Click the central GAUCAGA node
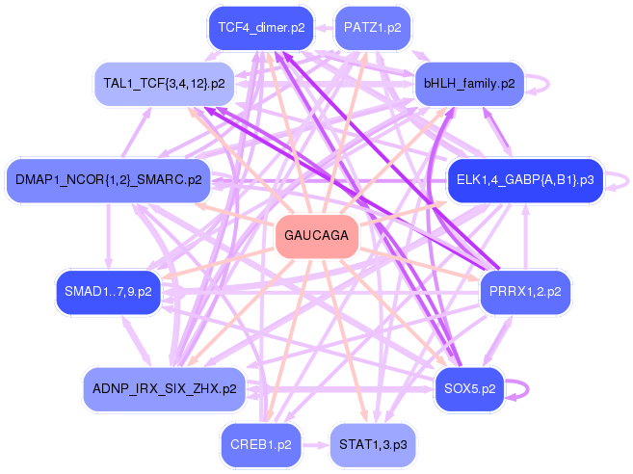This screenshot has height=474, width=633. tap(317, 236)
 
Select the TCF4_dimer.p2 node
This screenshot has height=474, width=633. tap(261, 28)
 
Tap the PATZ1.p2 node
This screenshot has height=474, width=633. tap(373, 28)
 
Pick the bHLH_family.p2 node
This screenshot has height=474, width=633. tap(469, 84)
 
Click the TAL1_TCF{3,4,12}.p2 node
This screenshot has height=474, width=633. tap(164, 84)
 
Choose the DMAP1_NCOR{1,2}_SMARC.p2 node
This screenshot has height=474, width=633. tap(109, 180)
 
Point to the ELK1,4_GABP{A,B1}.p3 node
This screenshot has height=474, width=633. tap(525, 180)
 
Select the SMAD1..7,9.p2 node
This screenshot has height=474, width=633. tap(108, 292)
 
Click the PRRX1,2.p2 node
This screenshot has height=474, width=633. tap(525, 292)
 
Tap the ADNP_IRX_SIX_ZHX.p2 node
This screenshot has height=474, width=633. tap(165, 389)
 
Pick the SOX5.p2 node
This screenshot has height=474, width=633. tap(469, 389)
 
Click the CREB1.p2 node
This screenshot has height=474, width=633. tap(261, 445)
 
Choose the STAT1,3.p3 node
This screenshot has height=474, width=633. tap(373, 445)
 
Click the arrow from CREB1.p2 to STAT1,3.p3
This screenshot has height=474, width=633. tap(316, 445)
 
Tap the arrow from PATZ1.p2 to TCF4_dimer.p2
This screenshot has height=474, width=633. tap(325, 28)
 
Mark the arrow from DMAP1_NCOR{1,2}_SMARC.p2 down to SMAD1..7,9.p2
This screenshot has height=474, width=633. tap(108, 236)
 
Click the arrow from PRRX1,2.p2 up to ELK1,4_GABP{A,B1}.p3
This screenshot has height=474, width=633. tap(525, 236)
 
